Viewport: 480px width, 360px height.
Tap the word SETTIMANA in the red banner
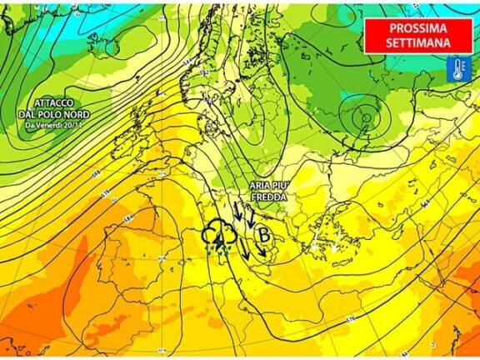coord(418,42)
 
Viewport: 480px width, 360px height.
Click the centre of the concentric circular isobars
coord(363,119)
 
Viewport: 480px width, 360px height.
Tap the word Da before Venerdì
coord(30,125)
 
